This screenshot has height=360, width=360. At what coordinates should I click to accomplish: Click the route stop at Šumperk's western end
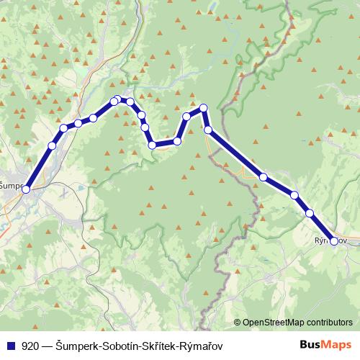[x=26, y=189]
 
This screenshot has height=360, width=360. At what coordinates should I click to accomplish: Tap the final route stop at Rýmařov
[x=334, y=241]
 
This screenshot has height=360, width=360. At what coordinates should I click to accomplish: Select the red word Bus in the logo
[x=310, y=345]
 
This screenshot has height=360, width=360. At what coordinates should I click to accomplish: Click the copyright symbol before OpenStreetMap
[x=237, y=322]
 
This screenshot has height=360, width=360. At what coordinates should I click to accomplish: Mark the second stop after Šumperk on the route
[x=52, y=146]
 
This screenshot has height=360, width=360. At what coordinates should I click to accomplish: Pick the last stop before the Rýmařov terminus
[x=310, y=213]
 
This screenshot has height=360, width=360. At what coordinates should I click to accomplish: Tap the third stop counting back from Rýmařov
[x=294, y=194]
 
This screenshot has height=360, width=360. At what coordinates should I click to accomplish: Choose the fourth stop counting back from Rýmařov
[x=264, y=176]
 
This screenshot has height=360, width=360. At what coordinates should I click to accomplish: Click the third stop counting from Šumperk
[x=63, y=128]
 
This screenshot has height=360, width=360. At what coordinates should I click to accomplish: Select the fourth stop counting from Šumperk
[x=78, y=123]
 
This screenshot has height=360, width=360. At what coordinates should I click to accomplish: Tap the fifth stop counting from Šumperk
[x=93, y=117]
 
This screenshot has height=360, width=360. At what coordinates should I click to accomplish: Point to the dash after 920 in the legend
[x=46, y=345]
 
